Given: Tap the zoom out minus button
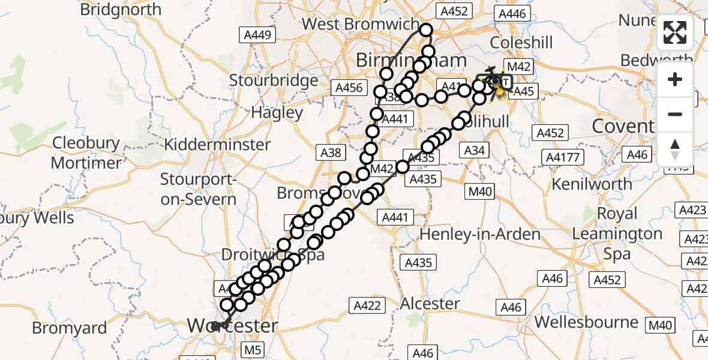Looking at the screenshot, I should (x=675, y=114).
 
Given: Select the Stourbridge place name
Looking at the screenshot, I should (x=274, y=80).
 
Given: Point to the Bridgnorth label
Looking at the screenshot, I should (x=121, y=10).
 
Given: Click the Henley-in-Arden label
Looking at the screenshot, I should (x=479, y=235).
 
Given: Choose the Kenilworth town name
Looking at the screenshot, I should (x=591, y=184).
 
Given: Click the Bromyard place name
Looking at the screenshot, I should (x=70, y=328).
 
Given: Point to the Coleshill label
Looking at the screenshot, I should (x=521, y=43).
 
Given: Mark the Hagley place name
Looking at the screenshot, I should (x=277, y=112).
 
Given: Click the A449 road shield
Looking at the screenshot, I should (x=256, y=35).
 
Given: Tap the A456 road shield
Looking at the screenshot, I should (x=349, y=88).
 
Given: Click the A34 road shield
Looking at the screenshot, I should (x=474, y=150).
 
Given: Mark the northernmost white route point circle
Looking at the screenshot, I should (x=426, y=30).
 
